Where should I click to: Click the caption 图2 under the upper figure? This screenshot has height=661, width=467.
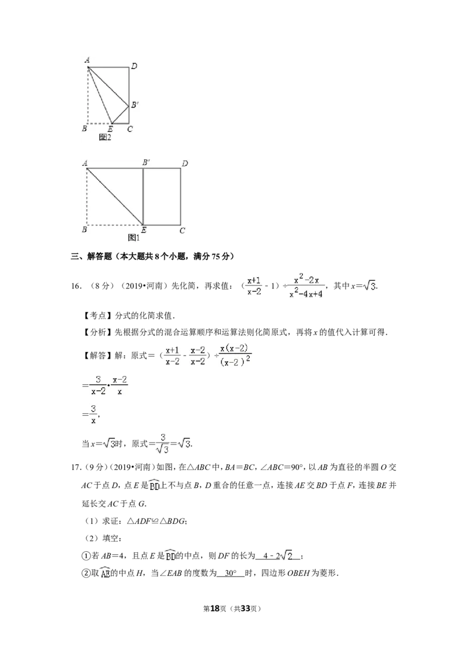point(105,137)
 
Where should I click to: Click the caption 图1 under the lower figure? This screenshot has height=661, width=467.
point(134,238)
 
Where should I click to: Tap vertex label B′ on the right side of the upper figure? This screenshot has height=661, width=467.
point(134,105)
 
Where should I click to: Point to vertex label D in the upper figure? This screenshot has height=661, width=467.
point(134,66)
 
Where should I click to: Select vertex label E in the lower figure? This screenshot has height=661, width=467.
point(144,230)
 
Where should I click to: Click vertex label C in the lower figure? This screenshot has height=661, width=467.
point(182,231)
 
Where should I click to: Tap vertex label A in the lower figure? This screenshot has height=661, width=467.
point(85,163)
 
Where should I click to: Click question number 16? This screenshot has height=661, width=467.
point(76,286)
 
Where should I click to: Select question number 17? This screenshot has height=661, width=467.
point(76,467)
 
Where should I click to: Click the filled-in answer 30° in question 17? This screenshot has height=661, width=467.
point(231,573)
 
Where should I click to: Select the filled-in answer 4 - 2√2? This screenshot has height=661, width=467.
point(278,556)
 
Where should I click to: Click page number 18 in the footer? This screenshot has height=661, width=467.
point(215,608)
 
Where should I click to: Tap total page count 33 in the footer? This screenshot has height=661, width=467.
point(245,608)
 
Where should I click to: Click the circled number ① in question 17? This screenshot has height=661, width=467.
point(86,556)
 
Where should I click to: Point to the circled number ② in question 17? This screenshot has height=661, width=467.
point(86,573)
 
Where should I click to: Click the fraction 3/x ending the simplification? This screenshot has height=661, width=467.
point(93,415)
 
